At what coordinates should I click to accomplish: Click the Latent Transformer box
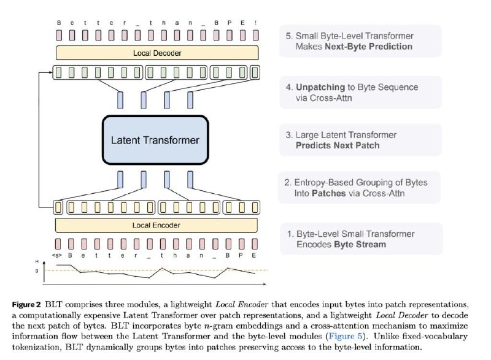[x=155, y=140]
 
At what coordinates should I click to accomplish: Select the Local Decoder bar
[x=157, y=53]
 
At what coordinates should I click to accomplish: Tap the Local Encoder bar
[x=157, y=225]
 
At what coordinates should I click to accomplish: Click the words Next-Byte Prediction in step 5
[x=369, y=47]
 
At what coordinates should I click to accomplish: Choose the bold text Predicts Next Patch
[x=338, y=145]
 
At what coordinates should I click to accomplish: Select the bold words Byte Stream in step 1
[x=360, y=245]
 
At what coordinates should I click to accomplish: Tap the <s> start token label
[x=57, y=255]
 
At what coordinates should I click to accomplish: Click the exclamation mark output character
[x=256, y=23]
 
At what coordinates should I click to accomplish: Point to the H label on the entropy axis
[x=37, y=261]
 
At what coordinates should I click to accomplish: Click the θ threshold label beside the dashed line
[x=37, y=271]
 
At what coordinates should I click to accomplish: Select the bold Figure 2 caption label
[x=26, y=305]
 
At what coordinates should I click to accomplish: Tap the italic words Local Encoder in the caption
[x=242, y=305]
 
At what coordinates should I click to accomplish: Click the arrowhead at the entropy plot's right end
[x=265, y=284]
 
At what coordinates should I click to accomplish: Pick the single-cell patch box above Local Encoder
[x=58, y=207]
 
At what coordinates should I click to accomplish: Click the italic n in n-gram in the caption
[x=206, y=326]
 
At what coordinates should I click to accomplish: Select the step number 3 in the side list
[x=288, y=135]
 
